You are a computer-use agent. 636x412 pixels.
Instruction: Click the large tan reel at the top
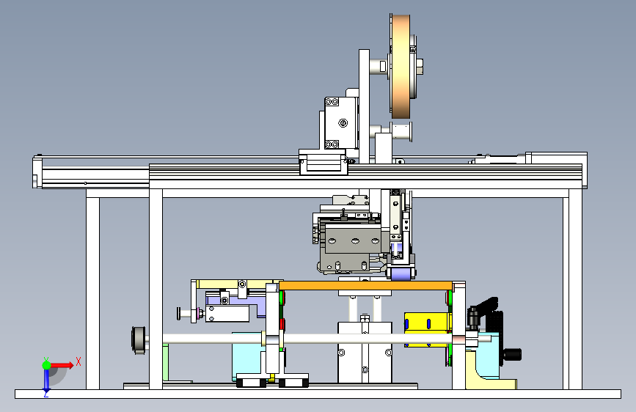[401, 67]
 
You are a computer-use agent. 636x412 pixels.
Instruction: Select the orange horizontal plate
[365, 285]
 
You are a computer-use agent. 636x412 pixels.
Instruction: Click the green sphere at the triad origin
[47, 365]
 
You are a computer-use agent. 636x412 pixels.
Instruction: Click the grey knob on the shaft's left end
[139, 340]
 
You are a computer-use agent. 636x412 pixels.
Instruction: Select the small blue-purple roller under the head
[401, 274]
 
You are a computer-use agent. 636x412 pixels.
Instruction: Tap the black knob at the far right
[513, 354]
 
